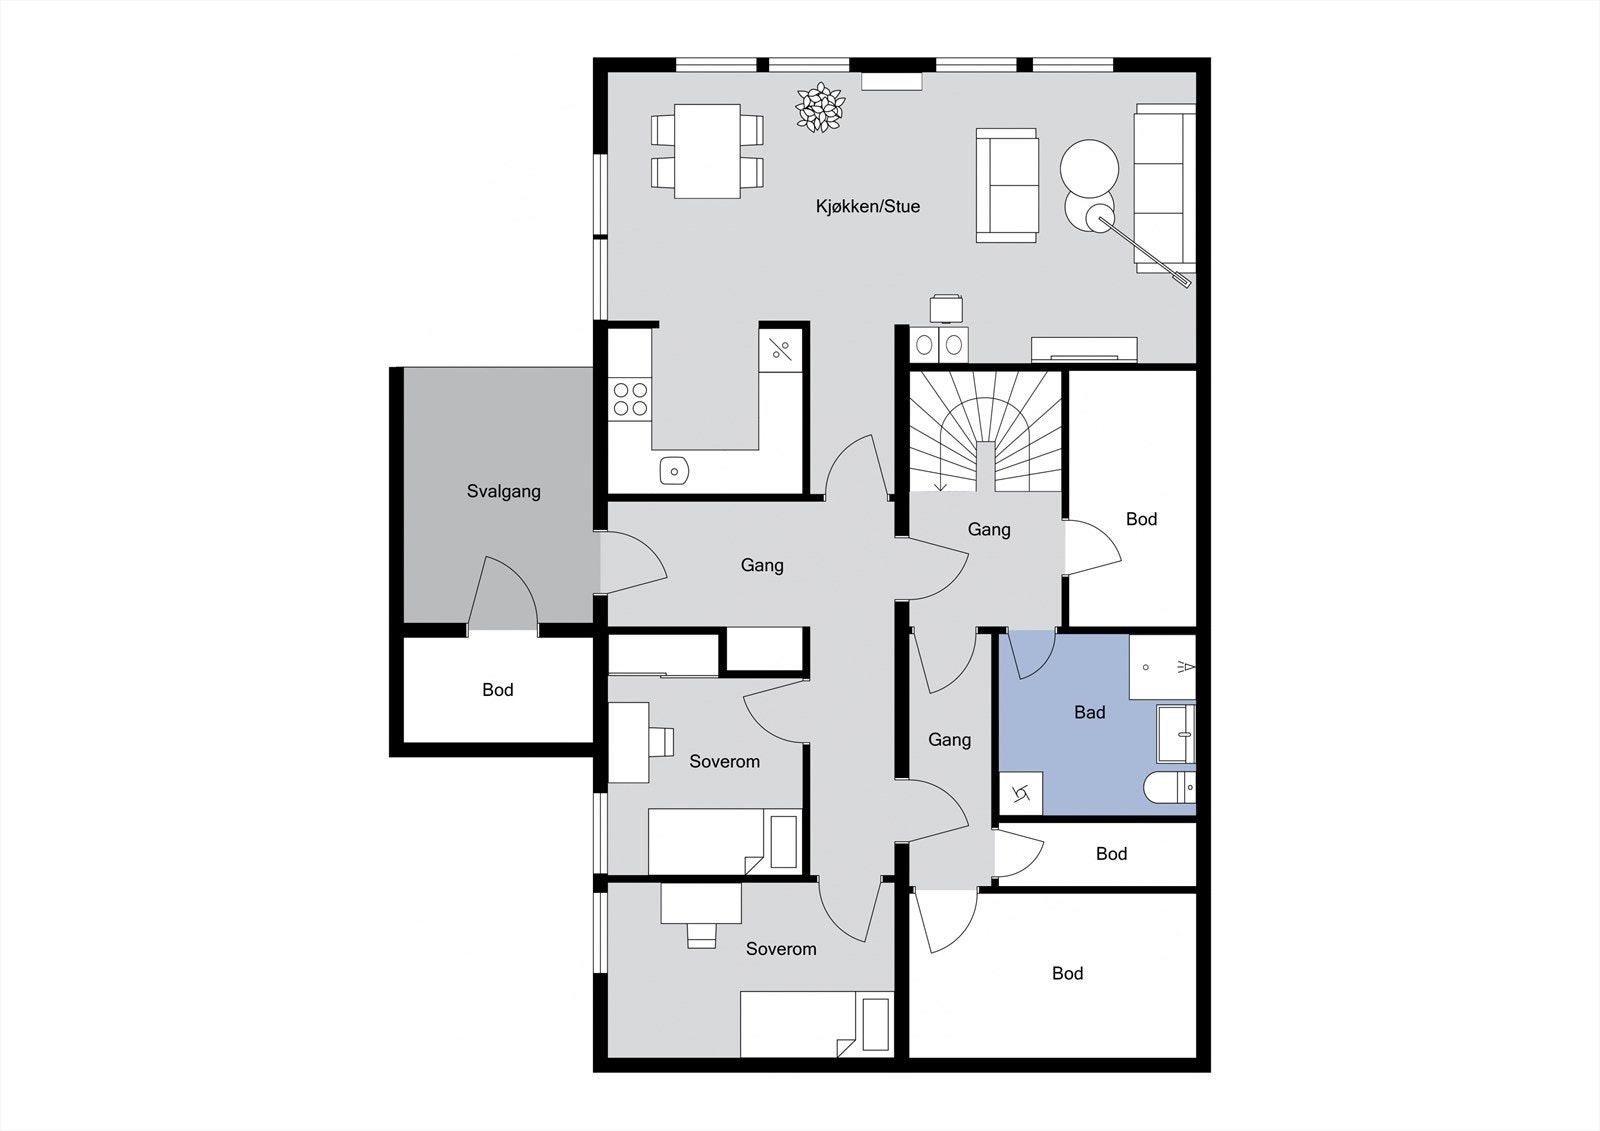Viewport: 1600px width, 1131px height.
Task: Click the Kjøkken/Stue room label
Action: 867,207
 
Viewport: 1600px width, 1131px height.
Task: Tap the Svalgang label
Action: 503,492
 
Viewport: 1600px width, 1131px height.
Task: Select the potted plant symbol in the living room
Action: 820,107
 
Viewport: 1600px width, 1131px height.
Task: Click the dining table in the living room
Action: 707,151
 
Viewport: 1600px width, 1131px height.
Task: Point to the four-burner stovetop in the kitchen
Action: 631,399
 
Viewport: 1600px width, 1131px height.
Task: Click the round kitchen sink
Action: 675,470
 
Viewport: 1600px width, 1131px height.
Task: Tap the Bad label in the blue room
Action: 1089,713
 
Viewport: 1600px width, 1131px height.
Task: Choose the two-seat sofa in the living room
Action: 1007,185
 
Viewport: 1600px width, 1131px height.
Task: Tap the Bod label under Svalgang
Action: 497,690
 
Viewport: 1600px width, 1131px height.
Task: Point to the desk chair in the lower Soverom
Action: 701,934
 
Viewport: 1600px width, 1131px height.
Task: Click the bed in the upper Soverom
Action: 724,841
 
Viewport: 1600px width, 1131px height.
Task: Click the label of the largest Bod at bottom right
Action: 1067,974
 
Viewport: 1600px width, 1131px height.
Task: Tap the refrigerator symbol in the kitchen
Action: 781,350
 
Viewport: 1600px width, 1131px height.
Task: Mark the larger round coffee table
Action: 1089,166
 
